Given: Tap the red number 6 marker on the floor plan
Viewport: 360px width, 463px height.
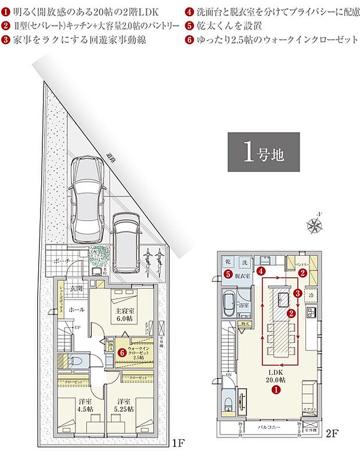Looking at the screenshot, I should (x=121, y=352).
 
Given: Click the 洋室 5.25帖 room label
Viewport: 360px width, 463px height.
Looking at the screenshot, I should (x=123, y=404).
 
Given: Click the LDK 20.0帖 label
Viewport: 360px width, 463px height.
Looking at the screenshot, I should (x=276, y=376).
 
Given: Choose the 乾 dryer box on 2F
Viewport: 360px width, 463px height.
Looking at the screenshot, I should (x=228, y=262).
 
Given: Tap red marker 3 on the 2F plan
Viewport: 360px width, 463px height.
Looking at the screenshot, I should (x=297, y=294).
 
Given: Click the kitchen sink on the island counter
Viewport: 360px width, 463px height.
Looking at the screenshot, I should (x=282, y=299).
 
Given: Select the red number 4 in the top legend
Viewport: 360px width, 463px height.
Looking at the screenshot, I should (x=190, y=12).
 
